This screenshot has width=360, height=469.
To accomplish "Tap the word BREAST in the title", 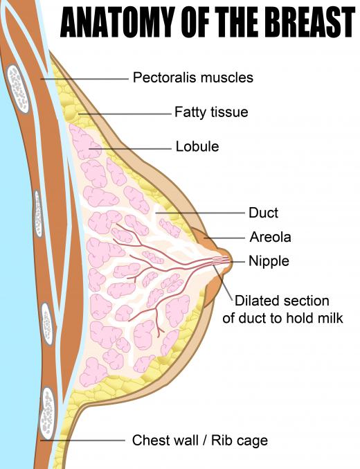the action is click(308, 22).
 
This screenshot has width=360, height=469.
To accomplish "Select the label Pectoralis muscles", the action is click(193, 78).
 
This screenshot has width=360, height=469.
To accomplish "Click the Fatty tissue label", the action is click(211, 112).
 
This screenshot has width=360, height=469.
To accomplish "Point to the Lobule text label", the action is click(197, 147).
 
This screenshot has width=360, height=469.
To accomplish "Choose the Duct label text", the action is click(263, 213).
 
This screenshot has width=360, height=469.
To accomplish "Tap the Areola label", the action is click(270, 237).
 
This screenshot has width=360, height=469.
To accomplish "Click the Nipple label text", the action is click(269, 260).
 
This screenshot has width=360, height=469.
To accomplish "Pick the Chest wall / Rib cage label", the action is click(200, 441).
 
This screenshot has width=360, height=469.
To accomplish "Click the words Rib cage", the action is click(240, 441).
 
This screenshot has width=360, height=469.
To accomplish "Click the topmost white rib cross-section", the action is click(18, 89).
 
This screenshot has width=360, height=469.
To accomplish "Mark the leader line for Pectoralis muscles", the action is click(84, 79).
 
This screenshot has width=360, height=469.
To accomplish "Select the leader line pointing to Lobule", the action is click(130, 149).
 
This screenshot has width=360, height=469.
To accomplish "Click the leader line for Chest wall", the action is click(82, 441).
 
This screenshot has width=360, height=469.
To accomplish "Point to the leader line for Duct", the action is click(200, 213).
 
